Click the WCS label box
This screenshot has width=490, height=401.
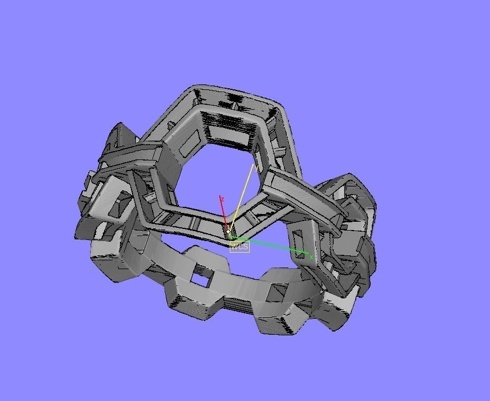click(239, 247)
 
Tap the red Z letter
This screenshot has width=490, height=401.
click(222, 199)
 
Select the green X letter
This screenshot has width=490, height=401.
click(312, 257)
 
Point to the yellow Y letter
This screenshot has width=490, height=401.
click(256, 167)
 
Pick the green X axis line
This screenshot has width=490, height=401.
click(271, 246)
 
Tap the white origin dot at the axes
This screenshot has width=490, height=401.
click(228, 232)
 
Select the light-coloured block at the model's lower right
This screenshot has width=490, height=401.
click(334, 309)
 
